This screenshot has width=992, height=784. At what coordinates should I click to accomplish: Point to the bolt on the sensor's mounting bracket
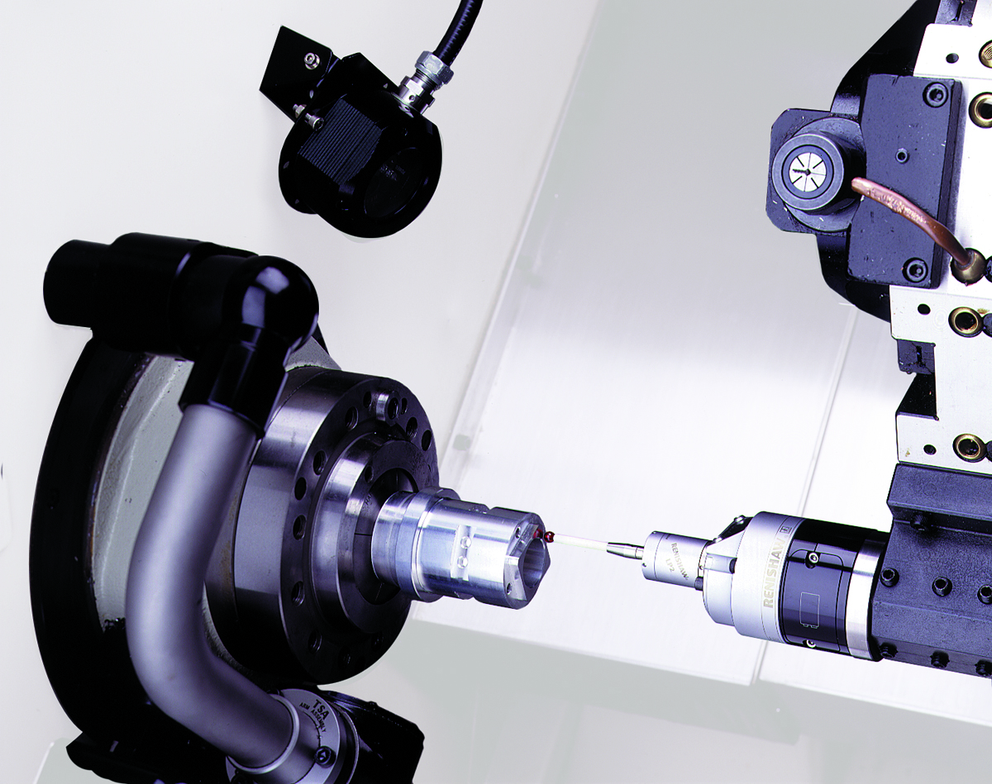pyautogui.click(x=311, y=59)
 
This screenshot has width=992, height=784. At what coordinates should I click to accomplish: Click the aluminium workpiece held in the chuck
pyautogui.click(x=455, y=545)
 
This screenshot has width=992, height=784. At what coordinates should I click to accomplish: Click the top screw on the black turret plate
pyautogui.click(x=935, y=95)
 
